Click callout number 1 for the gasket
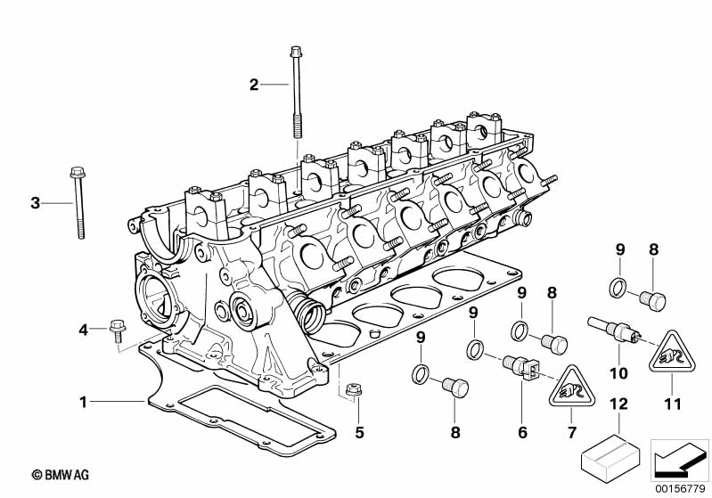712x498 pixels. point(83,403)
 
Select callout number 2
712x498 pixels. point(254,85)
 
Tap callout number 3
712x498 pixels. point(36,203)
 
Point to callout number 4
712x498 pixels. point(83,331)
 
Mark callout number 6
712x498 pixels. point(522,433)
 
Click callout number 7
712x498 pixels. point(572,433)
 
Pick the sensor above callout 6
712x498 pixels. point(520,367)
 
